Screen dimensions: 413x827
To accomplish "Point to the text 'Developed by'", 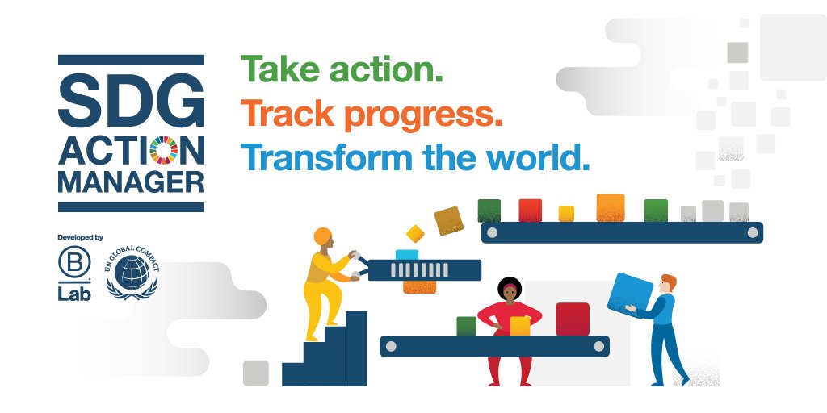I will (x=80, y=237).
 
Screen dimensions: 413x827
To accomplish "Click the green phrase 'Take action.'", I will (x=342, y=70).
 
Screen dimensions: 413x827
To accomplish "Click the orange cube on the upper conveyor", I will (x=610, y=207).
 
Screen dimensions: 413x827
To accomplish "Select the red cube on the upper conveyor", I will (x=530, y=211).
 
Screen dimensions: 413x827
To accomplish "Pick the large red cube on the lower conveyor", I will (x=573, y=319).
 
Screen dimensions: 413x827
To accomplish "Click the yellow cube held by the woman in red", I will (x=520, y=325).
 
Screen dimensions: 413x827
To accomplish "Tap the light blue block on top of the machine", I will (x=406, y=255).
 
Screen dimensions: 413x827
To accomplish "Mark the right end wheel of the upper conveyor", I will (x=753, y=232).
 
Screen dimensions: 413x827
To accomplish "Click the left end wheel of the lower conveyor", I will (x=391, y=346).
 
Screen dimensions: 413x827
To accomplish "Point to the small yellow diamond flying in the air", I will (x=415, y=233).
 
